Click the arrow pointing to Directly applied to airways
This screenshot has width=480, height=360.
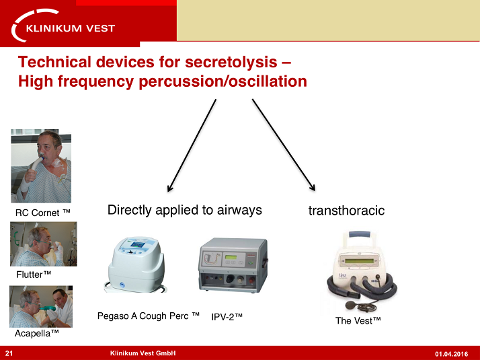(x=192, y=145)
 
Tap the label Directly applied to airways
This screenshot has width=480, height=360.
(x=184, y=211)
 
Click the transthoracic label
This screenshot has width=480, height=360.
(x=346, y=211)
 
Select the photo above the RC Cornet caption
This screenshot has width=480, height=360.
(x=41, y=166)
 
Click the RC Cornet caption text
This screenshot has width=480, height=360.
(x=43, y=213)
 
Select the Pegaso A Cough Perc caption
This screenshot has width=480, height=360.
(x=149, y=316)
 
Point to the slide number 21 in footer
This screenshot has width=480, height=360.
(x=9, y=353)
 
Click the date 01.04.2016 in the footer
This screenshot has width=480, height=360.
(x=452, y=354)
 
